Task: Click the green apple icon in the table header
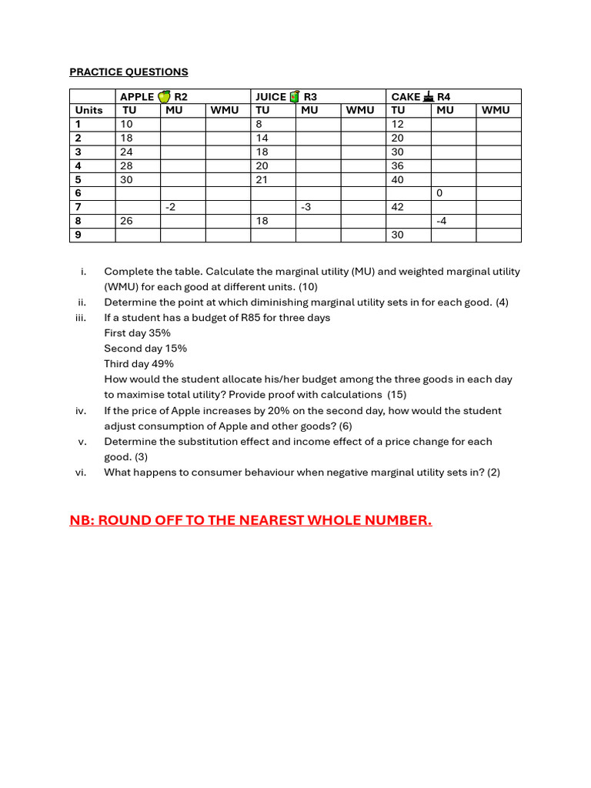click(164, 96)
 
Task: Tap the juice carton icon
click(294, 96)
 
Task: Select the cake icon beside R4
click(428, 96)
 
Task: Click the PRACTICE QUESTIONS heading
click(129, 72)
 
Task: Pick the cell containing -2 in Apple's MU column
click(170, 207)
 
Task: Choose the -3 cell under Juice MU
click(306, 207)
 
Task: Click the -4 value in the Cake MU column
click(442, 221)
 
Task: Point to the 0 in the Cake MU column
click(439, 193)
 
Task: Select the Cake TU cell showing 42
click(397, 207)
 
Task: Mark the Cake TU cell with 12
click(397, 124)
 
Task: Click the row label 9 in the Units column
click(78, 235)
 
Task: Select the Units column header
click(88, 110)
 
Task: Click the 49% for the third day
click(162, 364)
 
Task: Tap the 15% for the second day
click(176, 349)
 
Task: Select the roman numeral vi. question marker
click(80, 472)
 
